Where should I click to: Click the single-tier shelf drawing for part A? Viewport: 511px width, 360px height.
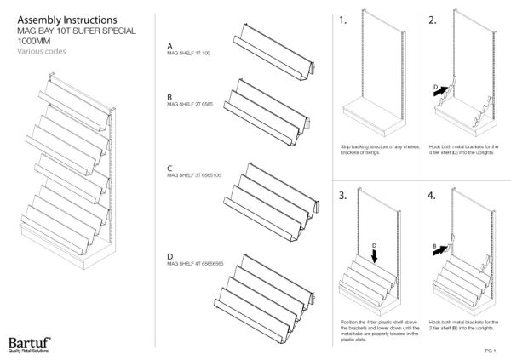[x=270, y=54]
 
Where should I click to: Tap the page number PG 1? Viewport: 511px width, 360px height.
[x=489, y=350]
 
